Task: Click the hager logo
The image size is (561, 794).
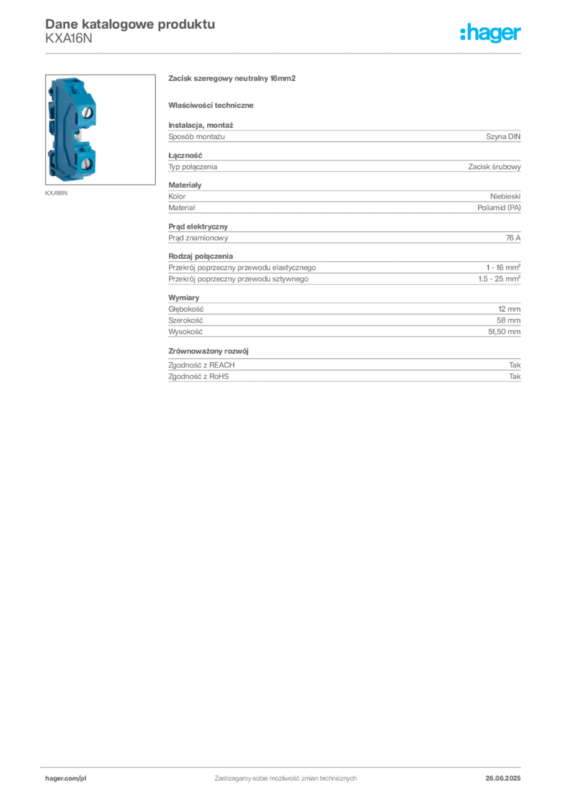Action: pos(490,33)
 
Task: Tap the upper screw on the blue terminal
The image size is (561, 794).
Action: pos(87,112)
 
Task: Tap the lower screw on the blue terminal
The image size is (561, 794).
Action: pos(87,163)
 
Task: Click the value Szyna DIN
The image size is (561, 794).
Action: pos(503,136)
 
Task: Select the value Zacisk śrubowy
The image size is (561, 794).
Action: pos(494,167)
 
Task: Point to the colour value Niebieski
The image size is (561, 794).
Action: pos(505,196)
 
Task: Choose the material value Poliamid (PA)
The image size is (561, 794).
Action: pos(499,208)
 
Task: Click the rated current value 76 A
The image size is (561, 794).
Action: pos(513,238)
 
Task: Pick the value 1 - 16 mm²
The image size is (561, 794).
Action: pos(504,268)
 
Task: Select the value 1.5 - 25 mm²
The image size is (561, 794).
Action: pos(499,278)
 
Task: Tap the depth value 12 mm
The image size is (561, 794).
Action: pos(509,309)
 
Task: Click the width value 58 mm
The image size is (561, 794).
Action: pos(508,320)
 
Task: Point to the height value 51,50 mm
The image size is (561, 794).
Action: pos(504,332)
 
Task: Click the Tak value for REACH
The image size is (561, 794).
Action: pos(515,365)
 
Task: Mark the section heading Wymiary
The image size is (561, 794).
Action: pos(184,298)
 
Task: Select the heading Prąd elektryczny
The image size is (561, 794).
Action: pos(198,226)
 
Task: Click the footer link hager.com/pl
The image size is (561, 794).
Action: pos(66,778)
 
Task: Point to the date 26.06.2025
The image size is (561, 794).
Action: pos(503,778)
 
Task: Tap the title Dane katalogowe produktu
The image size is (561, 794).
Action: pos(130,24)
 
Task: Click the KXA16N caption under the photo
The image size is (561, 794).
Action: pos(56,193)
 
